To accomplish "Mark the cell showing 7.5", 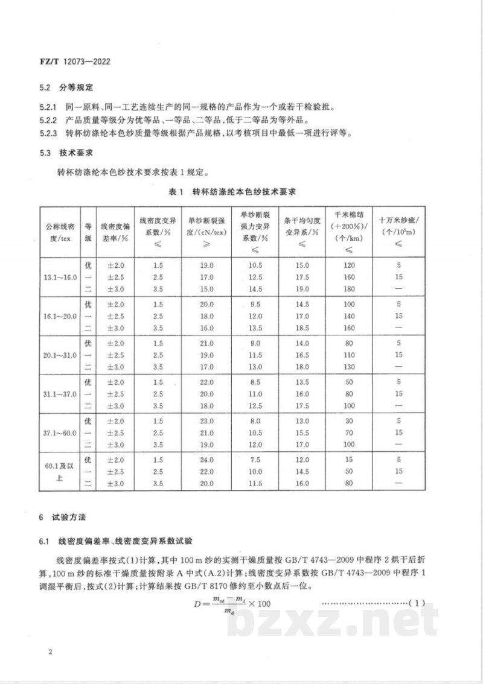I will point(255,460).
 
